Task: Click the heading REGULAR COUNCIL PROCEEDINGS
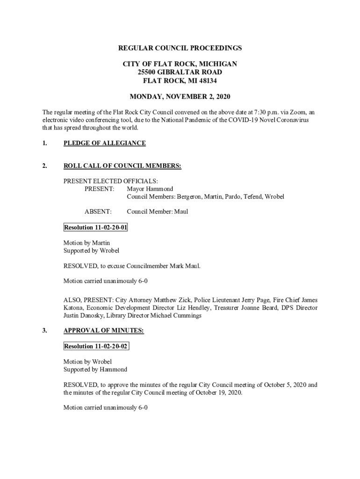(180, 48)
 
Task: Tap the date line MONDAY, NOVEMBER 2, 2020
(180, 97)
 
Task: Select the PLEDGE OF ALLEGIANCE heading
(104, 143)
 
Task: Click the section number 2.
(44, 166)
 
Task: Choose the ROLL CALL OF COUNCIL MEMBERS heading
(122, 166)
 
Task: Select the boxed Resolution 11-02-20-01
(95, 228)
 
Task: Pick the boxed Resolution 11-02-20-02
(96, 347)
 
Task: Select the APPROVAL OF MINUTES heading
(103, 331)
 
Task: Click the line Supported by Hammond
(95, 370)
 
